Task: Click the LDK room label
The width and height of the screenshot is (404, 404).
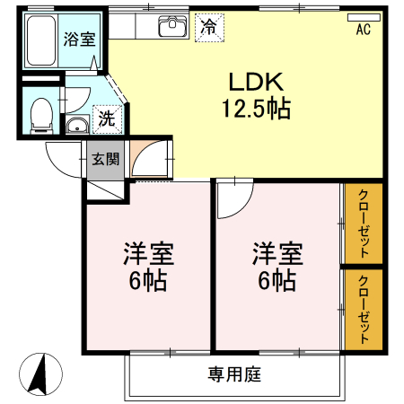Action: pyautogui.click(x=256, y=83)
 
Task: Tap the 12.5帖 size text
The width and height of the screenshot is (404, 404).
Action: pyautogui.click(x=256, y=110)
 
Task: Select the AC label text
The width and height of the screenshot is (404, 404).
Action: pyautogui.click(x=364, y=31)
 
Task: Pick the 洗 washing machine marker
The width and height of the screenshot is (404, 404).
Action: pyautogui.click(x=106, y=118)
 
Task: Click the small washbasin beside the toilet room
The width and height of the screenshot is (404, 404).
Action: pyautogui.click(x=78, y=125)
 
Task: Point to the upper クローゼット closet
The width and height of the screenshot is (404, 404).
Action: pyautogui.click(x=364, y=224)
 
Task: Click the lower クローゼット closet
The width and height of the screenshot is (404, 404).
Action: pyautogui.click(x=364, y=310)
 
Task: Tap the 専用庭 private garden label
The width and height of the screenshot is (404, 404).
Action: pyautogui.click(x=235, y=374)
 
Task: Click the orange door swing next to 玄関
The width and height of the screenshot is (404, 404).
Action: pyautogui.click(x=145, y=159)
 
